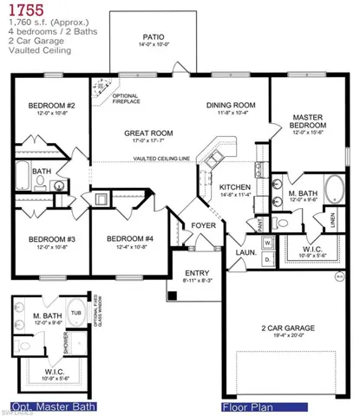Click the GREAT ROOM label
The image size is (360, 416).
click(x=150, y=133)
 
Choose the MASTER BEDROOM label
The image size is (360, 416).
click(x=307, y=120)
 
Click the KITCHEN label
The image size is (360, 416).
click(x=235, y=186)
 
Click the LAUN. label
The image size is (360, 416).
click(x=247, y=252)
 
